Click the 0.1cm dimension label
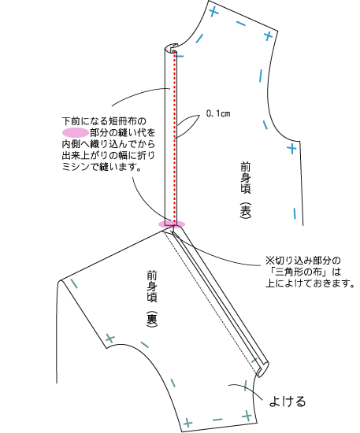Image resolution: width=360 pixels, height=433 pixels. pyautogui.click(x=218, y=113)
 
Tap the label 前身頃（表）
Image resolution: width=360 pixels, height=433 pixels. pyautogui.click(x=246, y=191)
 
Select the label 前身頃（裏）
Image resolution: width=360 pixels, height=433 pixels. pyautogui.click(x=152, y=299)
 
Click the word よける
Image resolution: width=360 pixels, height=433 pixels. pyautogui.click(x=288, y=402)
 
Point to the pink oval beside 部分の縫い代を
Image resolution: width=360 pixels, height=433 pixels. pyautogui.click(x=76, y=133)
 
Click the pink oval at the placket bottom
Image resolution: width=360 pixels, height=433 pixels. pyautogui.click(x=172, y=224)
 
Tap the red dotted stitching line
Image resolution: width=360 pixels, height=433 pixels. pyautogui.click(x=174, y=138)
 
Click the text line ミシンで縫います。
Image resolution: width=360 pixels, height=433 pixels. pyautogui.click(x=102, y=167)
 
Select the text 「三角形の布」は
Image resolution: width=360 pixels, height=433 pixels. pyautogui.click(x=302, y=272)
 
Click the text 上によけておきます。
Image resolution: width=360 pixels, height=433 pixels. pyautogui.click(x=310, y=283)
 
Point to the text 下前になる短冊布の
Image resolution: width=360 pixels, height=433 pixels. pyautogui.click(x=104, y=121)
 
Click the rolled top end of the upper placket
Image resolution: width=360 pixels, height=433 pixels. pyautogui.click(x=172, y=47)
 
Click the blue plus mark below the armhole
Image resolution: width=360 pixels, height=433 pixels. pyautogui.click(x=291, y=149)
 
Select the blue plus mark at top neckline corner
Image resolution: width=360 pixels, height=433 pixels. pyautogui.click(x=213, y=12)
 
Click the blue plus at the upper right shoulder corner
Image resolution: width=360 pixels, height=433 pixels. pyautogui.click(x=268, y=36)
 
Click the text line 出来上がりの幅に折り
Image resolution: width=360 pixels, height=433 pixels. pyautogui.click(x=108, y=155)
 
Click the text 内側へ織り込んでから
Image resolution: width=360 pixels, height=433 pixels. pyautogui.click(x=108, y=144)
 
